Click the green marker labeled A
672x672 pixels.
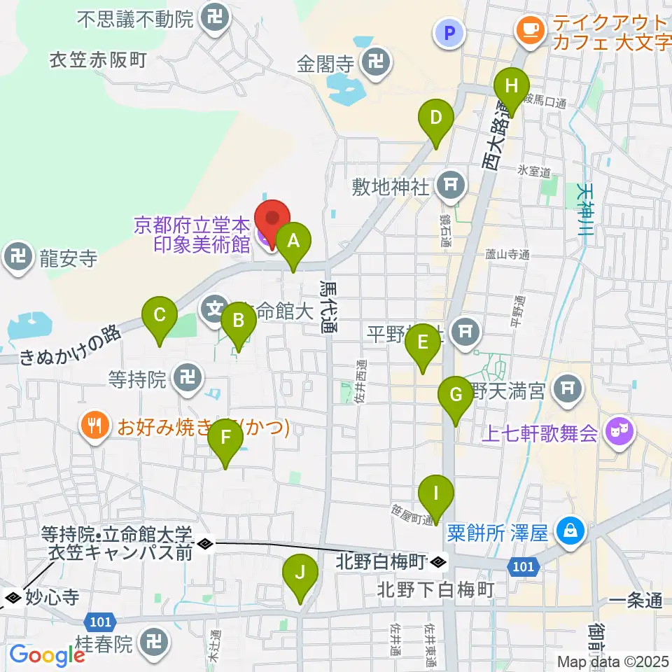[294, 242]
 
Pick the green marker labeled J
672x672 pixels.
[300, 575]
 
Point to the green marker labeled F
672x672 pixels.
[225, 440]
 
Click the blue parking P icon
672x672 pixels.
[445, 32]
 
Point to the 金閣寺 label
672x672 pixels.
[325, 66]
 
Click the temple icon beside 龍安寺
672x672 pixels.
[19, 259]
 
